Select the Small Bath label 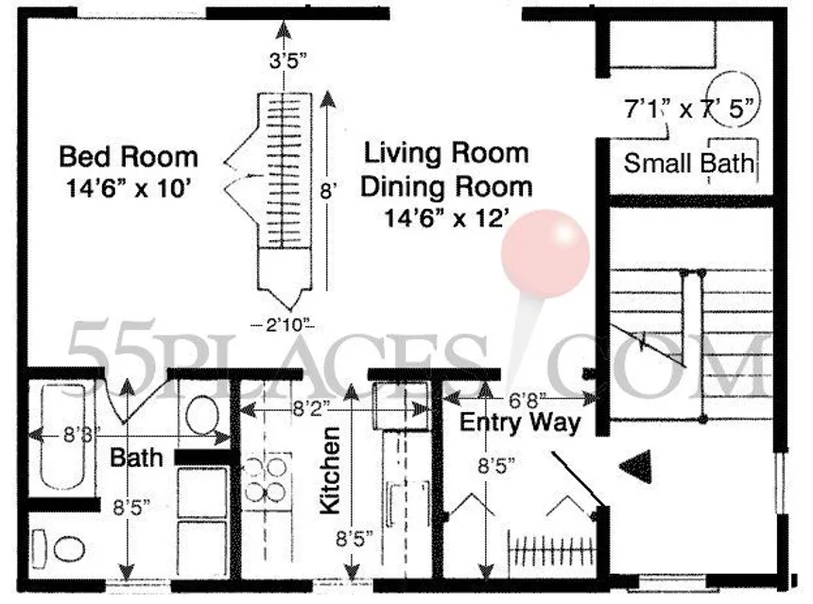click(689, 164)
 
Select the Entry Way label click(520, 422)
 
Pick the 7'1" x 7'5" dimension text click(690, 109)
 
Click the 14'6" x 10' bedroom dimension click(129, 186)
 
